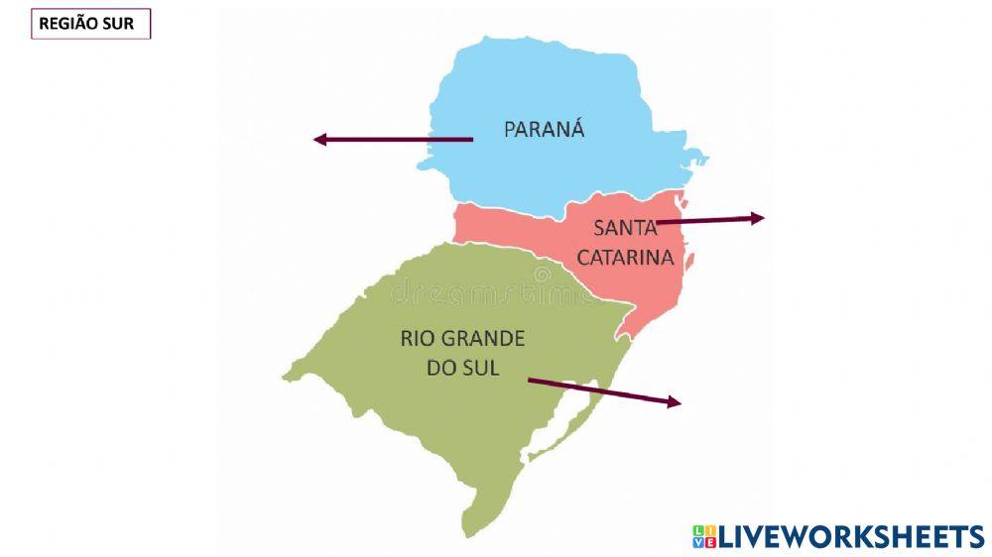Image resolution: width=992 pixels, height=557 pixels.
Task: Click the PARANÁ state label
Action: (x=544, y=129)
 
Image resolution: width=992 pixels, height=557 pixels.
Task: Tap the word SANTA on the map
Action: (x=625, y=227)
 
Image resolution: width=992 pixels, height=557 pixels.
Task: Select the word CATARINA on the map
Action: (x=625, y=258)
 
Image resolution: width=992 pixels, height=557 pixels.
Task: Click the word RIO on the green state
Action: (x=415, y=338)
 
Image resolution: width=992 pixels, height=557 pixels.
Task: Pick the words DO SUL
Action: (x=462, y=368)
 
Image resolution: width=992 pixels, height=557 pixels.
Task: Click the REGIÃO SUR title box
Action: (x=90, y=24)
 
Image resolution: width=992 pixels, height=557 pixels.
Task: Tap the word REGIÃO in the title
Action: (x=71, y=24)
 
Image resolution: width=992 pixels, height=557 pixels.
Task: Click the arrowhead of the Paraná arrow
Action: (x=319, y=140)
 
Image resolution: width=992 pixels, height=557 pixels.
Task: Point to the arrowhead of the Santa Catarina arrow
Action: (x=759, y=218)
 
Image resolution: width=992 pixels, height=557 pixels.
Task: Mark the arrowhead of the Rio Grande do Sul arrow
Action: (x=676, y=401)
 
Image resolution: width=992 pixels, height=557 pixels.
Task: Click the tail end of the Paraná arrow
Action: (x=471, y=140)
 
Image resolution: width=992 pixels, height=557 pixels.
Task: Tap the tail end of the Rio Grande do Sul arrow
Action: (x=529, y=379)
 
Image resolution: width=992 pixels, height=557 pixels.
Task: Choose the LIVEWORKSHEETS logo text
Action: (x=851, y=537)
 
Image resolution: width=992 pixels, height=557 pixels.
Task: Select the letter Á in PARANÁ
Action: (x=577, y=128)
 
